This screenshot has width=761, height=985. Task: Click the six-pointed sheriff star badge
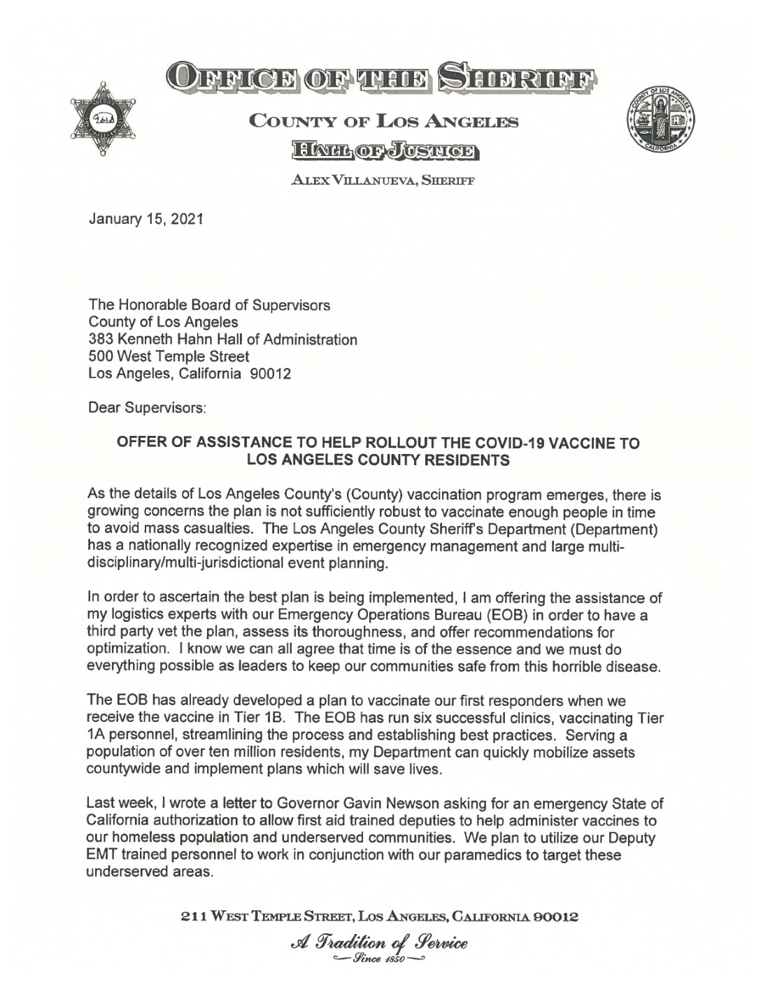coord(103,119)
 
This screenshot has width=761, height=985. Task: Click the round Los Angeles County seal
coord(662,121)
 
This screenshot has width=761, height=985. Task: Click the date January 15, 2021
coord(146,219)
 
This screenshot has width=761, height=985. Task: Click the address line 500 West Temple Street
coord(169,356)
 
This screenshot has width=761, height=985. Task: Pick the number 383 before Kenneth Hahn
coord(101,339)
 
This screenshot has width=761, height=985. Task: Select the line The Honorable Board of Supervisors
coord(209,305)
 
